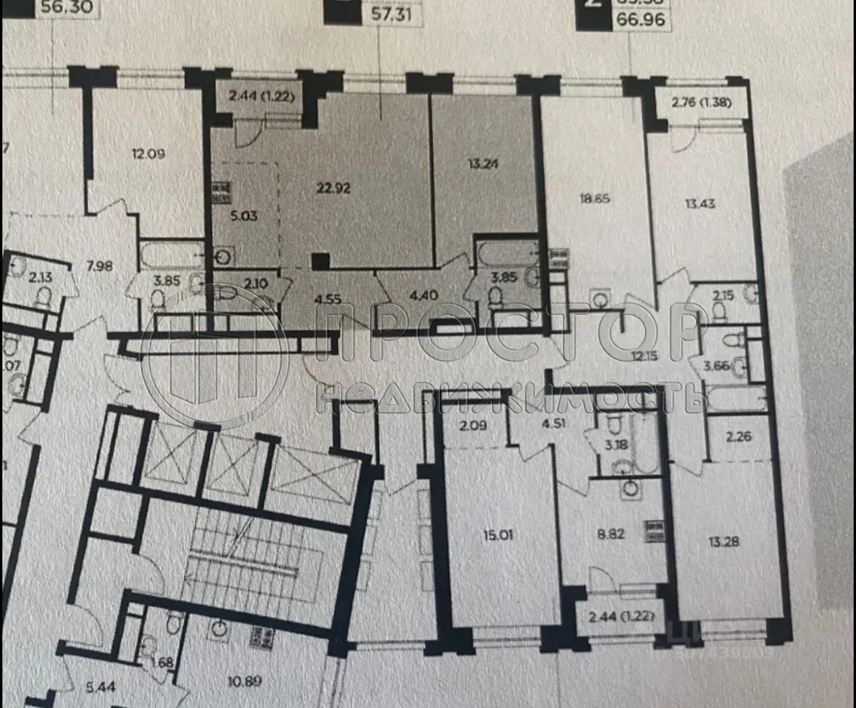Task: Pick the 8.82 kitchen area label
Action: (x=611, y=534)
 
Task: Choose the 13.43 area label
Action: (x=700, y=203)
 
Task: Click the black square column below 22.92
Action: (x=320, y=261)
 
